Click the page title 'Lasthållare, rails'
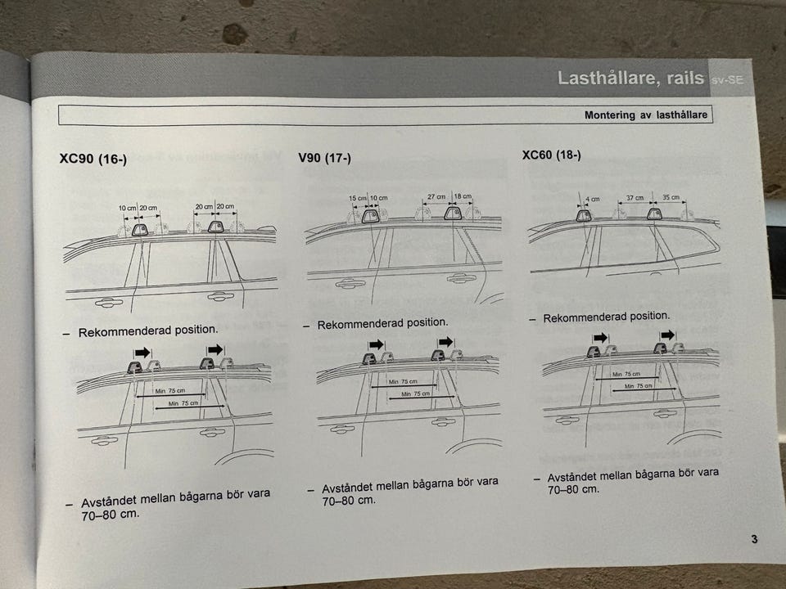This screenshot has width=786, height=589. pos(630,79)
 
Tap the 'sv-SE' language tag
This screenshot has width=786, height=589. pos(727,79)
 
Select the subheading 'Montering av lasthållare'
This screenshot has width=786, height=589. pos(646,115)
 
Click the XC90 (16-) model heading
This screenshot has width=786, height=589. pos(93,159)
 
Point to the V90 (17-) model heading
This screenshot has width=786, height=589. pos(324,158)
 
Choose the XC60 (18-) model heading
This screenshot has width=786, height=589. pos(551,155)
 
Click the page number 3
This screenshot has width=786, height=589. pos(754,539)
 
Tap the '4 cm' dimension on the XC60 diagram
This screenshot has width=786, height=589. pos(593,199)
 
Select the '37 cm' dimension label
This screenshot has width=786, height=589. pos(635,198)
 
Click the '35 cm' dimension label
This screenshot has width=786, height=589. pos(671,197)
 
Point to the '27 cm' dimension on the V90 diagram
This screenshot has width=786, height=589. pos(436,197)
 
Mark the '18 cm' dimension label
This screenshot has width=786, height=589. pos(463,196)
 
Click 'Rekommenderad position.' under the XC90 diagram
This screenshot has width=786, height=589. pos(148,330)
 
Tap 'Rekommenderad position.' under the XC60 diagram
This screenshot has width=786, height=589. pos(607,317)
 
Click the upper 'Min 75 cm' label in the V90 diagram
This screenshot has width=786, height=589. pos(403,382)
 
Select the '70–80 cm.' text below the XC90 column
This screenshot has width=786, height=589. pos(111,515)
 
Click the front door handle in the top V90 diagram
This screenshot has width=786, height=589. pos(350,284)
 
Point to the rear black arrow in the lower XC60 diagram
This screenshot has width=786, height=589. pos(668,335)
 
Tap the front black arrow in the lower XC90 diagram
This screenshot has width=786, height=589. pos(142,353)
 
